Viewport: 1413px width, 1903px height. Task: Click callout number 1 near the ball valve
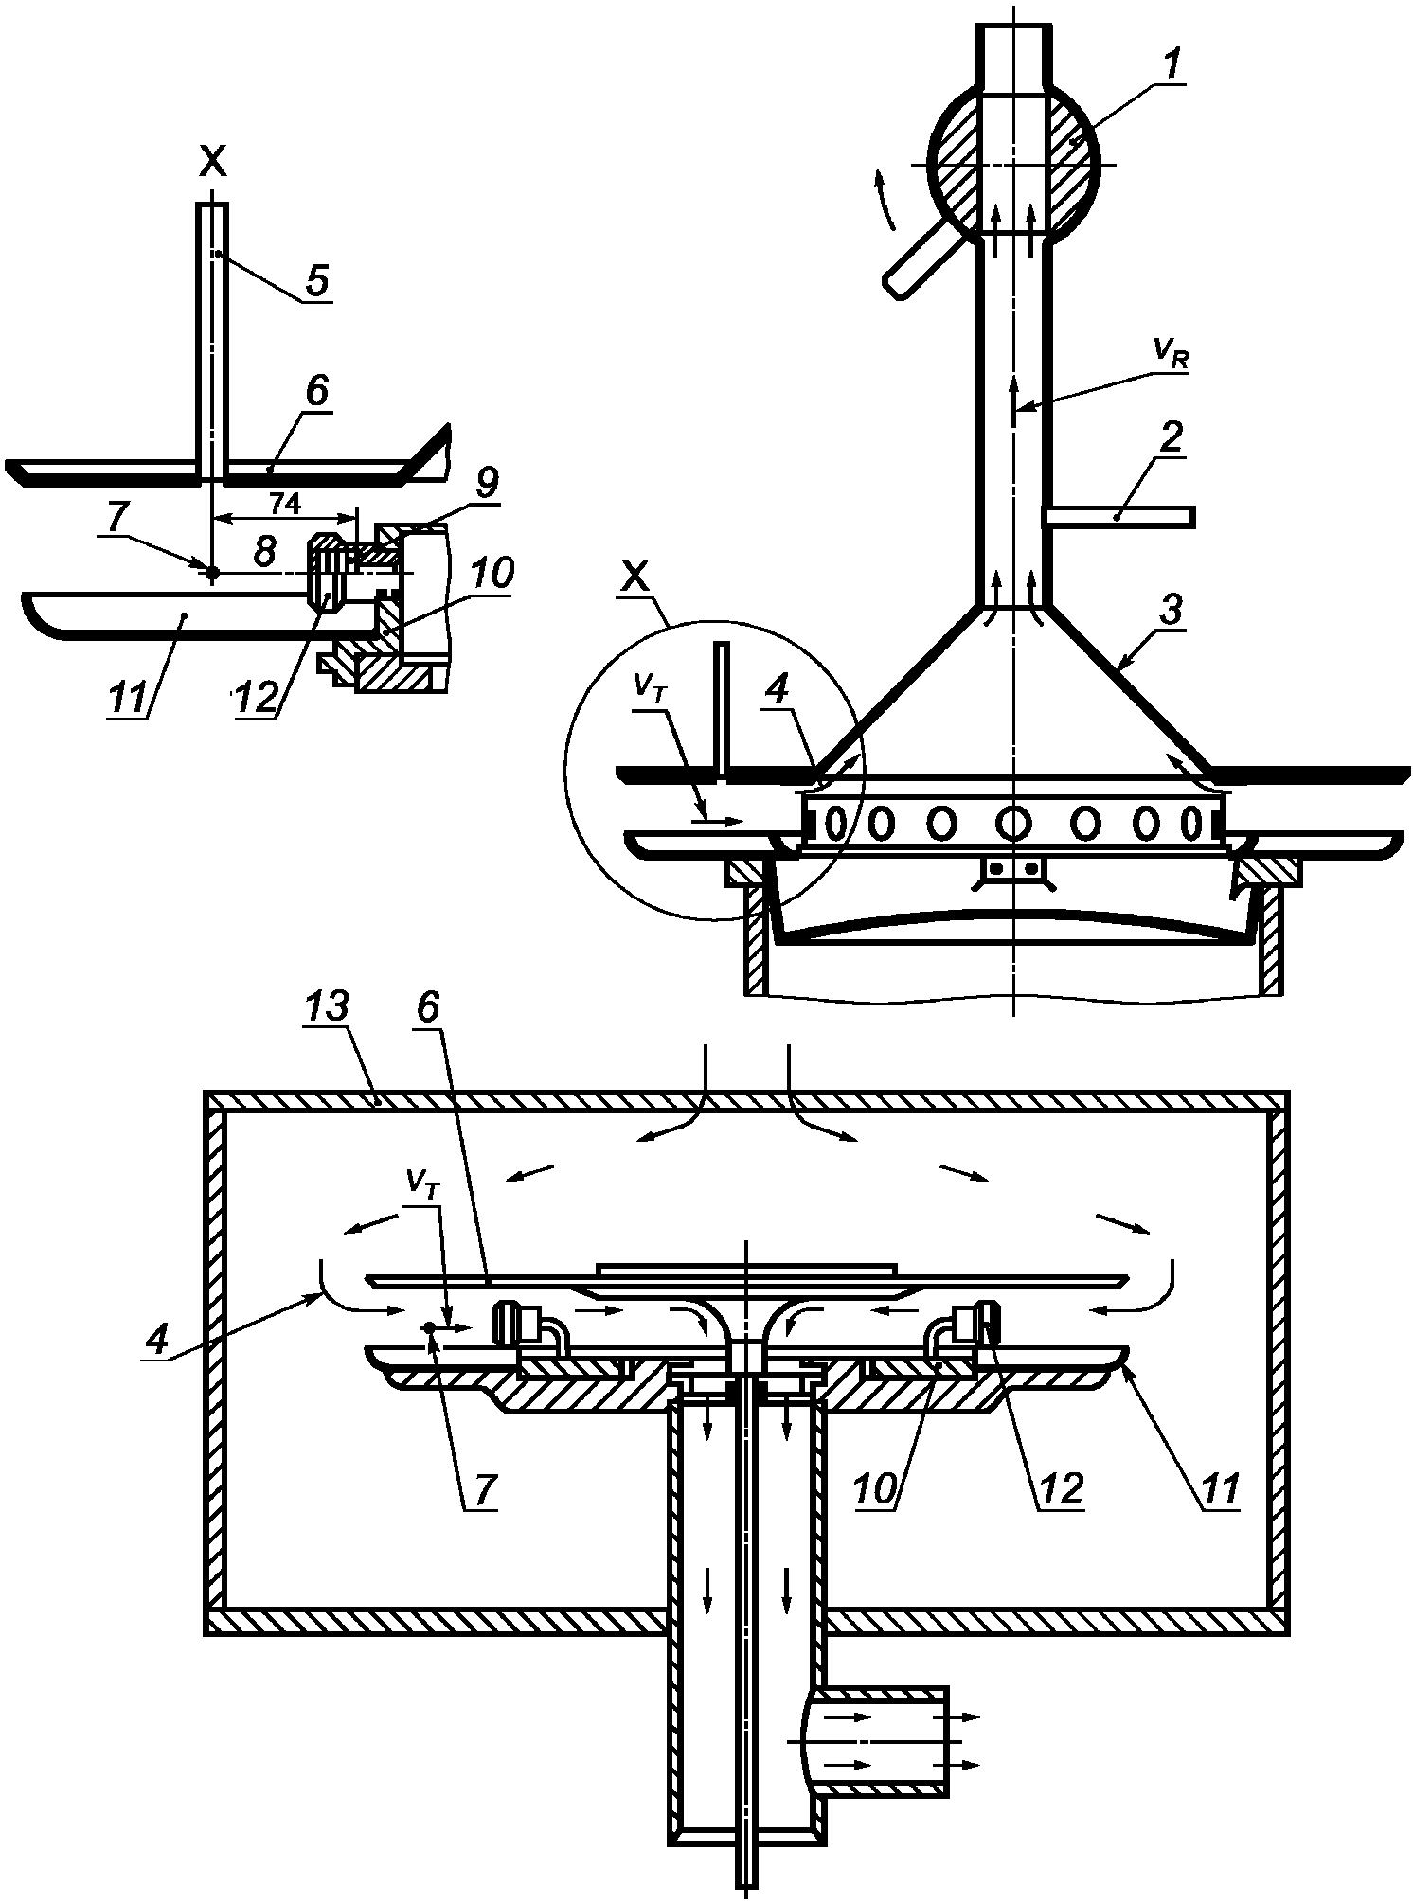point(1172,65)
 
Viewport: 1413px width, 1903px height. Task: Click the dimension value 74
point(285,506)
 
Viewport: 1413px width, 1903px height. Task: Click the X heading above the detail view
point(213,163)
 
